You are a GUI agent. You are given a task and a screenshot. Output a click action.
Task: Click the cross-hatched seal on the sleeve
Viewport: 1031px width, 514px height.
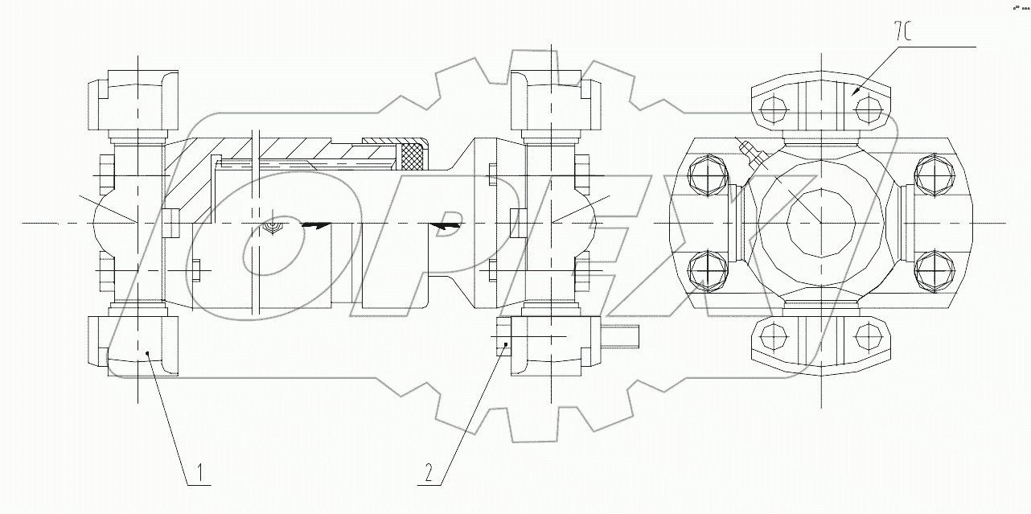click(x=413, y=154)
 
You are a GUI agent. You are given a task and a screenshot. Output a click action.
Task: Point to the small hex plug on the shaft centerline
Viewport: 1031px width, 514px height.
click(x=273, y=228)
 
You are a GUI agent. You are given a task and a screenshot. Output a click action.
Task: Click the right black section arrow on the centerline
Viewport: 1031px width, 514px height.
click(x=444, y=226)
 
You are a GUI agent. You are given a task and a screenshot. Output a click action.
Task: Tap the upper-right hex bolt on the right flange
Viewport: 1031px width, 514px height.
click(x=931, y=175)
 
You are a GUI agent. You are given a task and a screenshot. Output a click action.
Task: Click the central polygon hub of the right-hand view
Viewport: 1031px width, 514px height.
click(x=819, y=221)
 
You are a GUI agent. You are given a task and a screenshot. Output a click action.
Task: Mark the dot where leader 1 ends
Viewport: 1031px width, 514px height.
click(x=148, y=353)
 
